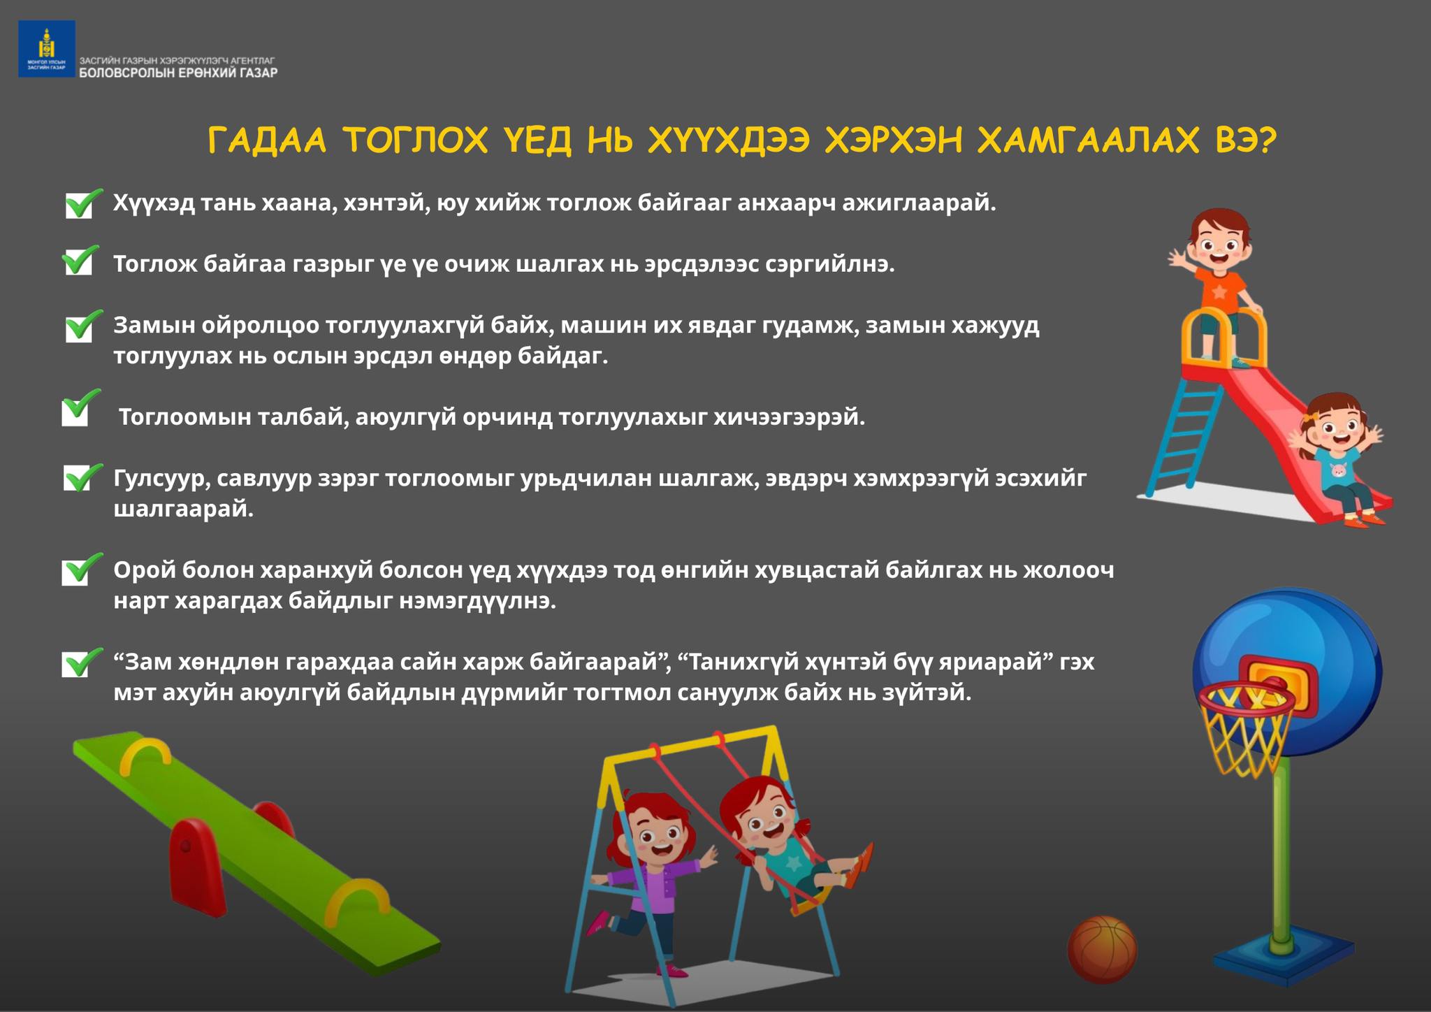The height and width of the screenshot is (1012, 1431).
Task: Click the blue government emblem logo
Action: coord(47,48)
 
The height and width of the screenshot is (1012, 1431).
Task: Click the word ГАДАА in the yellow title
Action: coord(268,141)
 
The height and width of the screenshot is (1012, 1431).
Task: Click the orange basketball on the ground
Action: coord(1102,950)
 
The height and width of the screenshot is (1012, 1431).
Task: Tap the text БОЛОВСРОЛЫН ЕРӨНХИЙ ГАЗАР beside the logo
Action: coord(178,73)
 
